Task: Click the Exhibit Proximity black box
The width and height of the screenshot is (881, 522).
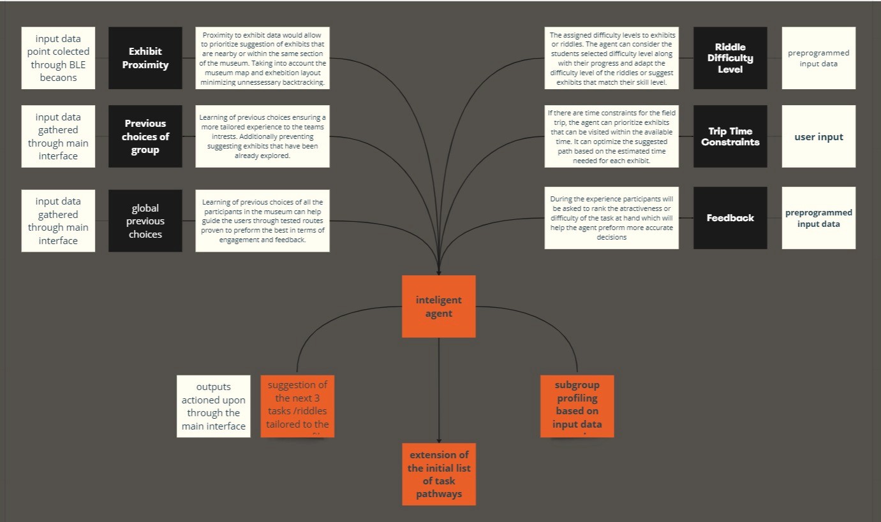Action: (145, 57)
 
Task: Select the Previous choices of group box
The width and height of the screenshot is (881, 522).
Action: (145, 136)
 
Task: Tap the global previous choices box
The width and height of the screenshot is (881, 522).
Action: (145, 221)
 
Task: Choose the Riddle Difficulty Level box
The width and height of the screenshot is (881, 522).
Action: (730, 57)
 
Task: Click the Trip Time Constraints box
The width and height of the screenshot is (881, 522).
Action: (730, 136)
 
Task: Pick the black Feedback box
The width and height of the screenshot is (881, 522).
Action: (730, 217)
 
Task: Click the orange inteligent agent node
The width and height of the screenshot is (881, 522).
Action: (438, 306)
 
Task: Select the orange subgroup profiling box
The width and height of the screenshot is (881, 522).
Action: (577, 406)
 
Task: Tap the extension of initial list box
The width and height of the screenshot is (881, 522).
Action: (439, 474)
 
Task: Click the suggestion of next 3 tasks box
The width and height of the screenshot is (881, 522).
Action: (297, 406)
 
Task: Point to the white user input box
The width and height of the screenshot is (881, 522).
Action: (818, 136)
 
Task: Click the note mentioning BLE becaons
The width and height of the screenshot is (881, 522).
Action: (58, 57)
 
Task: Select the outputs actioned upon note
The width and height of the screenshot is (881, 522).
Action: (214, 406)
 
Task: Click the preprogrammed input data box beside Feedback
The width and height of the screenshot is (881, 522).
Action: (818, 217)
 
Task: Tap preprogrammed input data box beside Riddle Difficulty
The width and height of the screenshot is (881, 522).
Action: (818, 57)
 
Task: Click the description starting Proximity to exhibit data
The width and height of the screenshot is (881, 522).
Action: (262, 57)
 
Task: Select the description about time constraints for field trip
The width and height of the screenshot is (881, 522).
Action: (611, 136)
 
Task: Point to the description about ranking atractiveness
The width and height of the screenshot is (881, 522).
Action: (611, 217)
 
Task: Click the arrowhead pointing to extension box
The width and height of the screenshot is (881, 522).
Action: (439, 440)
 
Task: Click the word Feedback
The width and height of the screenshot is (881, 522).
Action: (730, 217)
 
